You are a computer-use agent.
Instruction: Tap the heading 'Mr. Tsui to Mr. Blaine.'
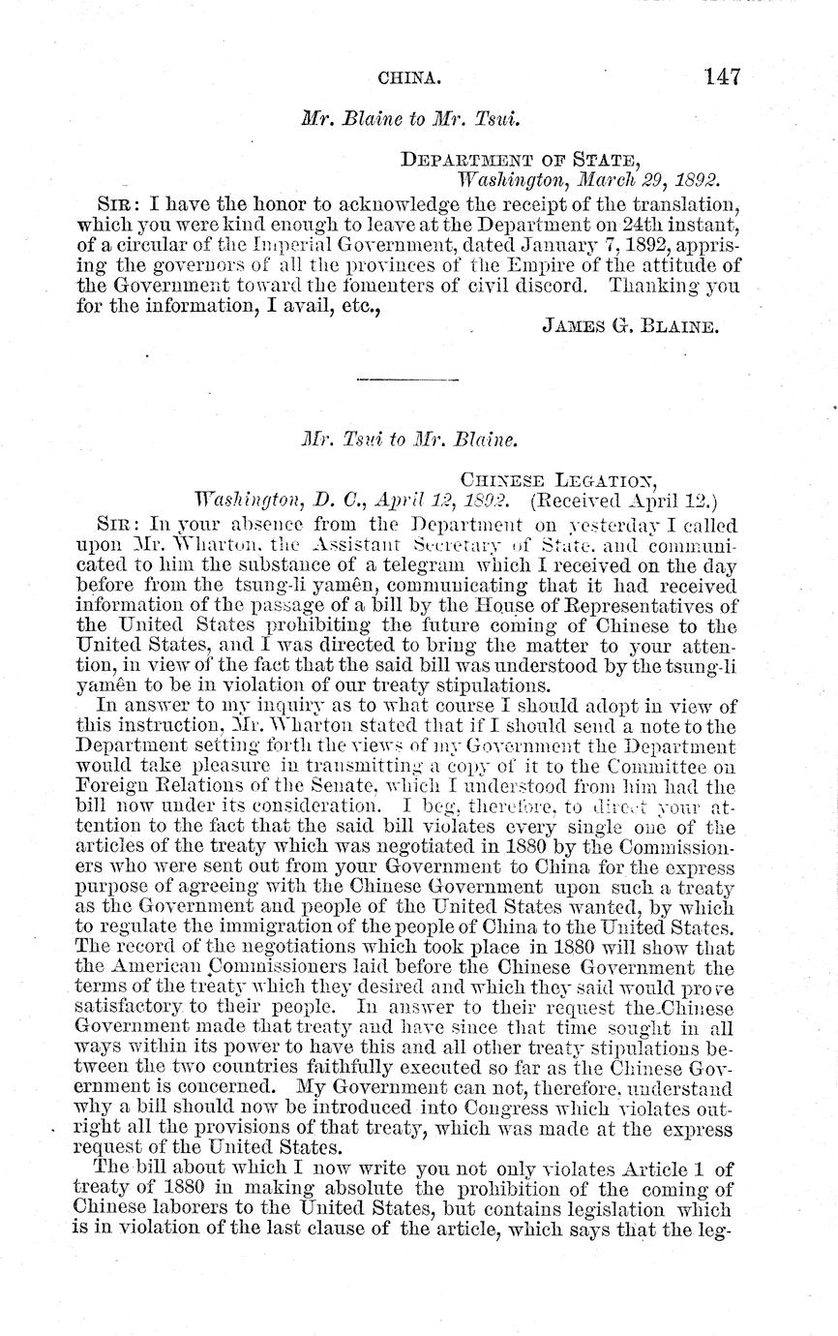tap(410, 439)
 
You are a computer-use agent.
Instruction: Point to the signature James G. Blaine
tap(629, 327)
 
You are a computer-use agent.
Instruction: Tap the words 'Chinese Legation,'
tap(559, 479)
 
